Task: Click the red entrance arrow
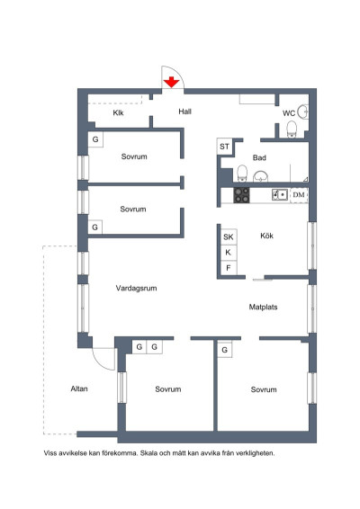click(x=171, y=83)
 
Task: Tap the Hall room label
click(x=184, y=112)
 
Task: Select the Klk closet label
click(x=118, y=112)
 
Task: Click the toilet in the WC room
click(x=292, y=129)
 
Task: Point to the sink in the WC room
click(x=304, y=112)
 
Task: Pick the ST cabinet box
click(x=224, y=147)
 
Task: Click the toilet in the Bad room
click(x=242, y=173)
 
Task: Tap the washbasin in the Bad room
click(x=261, y=176)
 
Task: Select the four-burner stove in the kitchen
click(x=242, y=195)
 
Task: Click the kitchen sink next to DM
click(x=280, y=195)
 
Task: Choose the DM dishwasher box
click(x=299, y=195)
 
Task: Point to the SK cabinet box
click(x=229, y=237)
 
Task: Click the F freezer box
click(x=229, y=268)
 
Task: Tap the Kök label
click(x=266, y=236)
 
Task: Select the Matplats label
click(x=263, y=307)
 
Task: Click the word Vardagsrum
click(x=136, y=289)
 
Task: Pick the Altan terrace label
click(x=79, y=388)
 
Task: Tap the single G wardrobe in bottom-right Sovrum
click(x=224, y=350)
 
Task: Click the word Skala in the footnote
click(x=148, y=453)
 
